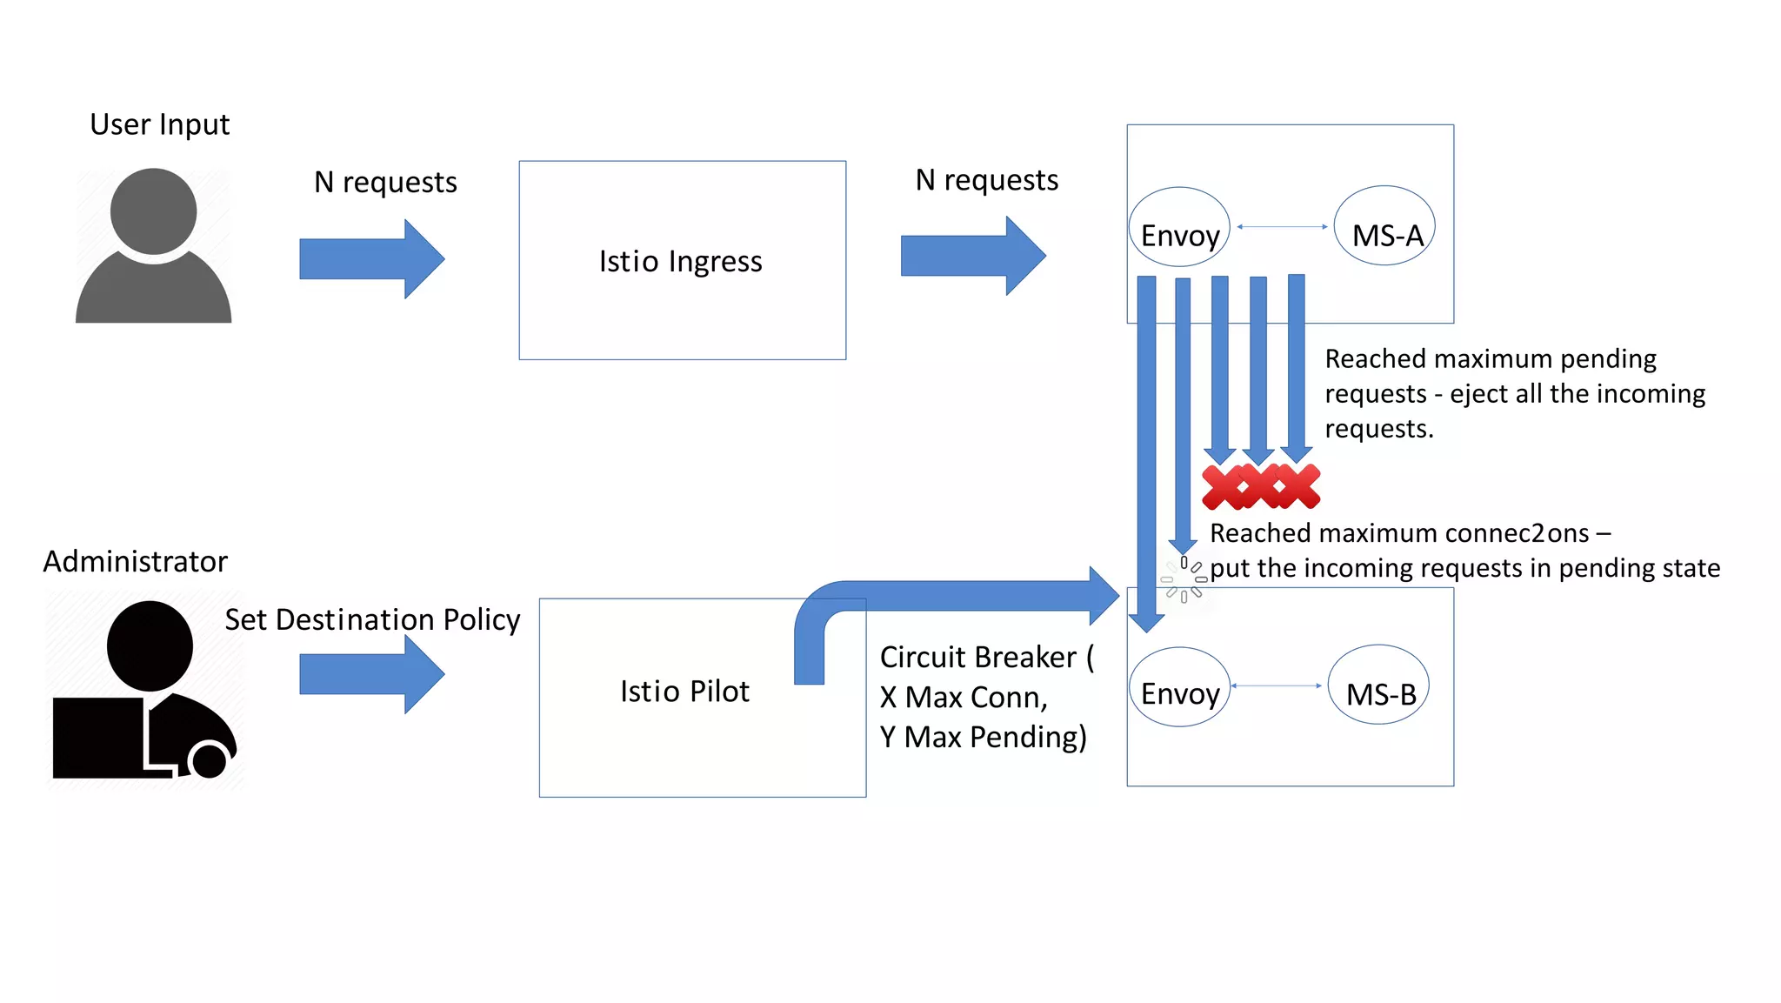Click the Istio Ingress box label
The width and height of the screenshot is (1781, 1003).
coord(680,261)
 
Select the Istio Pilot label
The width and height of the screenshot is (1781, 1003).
coord(684,691)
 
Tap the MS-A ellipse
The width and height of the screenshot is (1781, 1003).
coord(1384,226)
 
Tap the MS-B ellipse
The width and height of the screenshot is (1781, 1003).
coord(1378,685)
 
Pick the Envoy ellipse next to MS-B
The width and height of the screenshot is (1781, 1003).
coord(1179,687)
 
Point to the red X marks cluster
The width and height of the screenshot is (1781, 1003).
coord(1261,486)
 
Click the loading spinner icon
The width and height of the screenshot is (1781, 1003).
coord(1184,579)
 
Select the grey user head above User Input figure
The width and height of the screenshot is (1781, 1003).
coord(154,211)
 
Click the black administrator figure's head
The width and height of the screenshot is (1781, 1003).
coord(150,645)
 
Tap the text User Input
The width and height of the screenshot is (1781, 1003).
coord(160,124)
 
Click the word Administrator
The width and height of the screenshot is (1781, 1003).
coord(136,562)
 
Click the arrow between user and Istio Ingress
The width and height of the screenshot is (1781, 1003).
coord(372,259)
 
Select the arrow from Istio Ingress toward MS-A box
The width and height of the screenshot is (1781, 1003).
coord(973,256)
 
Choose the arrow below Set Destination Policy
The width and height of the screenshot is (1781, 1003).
coord(372,674)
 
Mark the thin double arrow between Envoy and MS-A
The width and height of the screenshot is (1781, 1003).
coord(1282,227)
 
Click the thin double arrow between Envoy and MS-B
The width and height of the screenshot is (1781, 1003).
coord(1276,686)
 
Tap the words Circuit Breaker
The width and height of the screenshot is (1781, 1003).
coord(978,657)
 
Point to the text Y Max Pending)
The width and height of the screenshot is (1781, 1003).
coord(983,737)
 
